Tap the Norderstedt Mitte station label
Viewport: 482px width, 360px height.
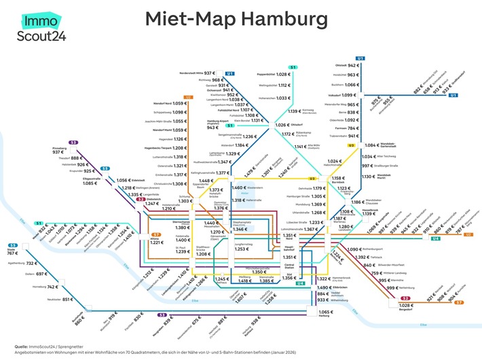[196, 72]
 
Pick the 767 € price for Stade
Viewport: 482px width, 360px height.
[12, 253]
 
